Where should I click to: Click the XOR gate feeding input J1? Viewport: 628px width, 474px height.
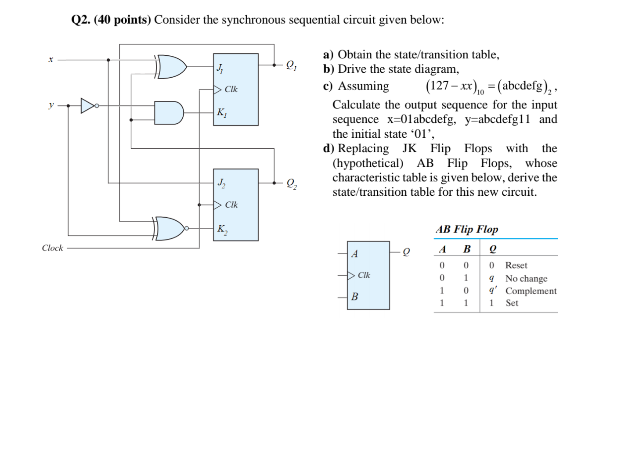[172, 67]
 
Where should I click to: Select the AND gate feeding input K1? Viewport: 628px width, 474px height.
[170, 113]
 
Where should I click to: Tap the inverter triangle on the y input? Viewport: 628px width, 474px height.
[88, 106]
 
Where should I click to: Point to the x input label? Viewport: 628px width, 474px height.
[51, 59]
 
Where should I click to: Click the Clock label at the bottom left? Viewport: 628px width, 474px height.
[52, 248]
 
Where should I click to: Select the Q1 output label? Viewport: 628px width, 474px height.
[291, 65]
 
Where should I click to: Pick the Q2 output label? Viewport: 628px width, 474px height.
[291, 183]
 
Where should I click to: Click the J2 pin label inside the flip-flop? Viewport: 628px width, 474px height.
[221, 182]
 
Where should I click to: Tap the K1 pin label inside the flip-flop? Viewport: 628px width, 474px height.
[222, 113]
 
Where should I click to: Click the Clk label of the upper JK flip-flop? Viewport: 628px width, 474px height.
[231, 90]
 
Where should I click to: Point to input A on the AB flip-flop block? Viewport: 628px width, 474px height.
[355, 254]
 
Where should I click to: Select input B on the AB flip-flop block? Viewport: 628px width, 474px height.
[355, 297]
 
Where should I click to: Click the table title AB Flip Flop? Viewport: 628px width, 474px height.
[466, 230]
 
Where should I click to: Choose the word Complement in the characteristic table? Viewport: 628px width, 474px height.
[531, 291]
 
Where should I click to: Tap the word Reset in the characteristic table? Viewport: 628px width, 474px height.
[516, 266]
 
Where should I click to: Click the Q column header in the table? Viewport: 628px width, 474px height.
[493, 249]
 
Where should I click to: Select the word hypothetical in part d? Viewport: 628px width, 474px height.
[368, 163]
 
